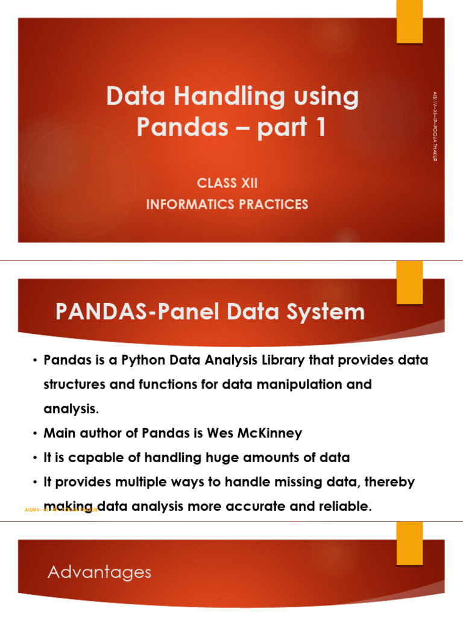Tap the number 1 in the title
point(319,127)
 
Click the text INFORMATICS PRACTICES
point(227,204)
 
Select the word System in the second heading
point(325,312)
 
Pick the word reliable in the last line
point(344,507)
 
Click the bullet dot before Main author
point(34,433)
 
